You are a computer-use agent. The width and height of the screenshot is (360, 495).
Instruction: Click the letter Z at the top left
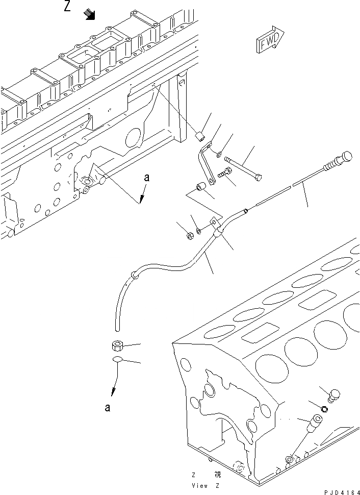point(68,7)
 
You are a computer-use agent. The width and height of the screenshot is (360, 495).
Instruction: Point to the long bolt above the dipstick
point(244,168)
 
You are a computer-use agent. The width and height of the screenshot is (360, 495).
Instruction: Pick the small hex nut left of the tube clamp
point(187,235)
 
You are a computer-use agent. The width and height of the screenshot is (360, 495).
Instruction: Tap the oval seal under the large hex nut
point(118,361)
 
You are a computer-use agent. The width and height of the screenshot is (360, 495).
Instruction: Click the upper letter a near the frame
point(147,178)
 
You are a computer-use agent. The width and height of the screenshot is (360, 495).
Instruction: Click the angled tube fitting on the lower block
point(312,423)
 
